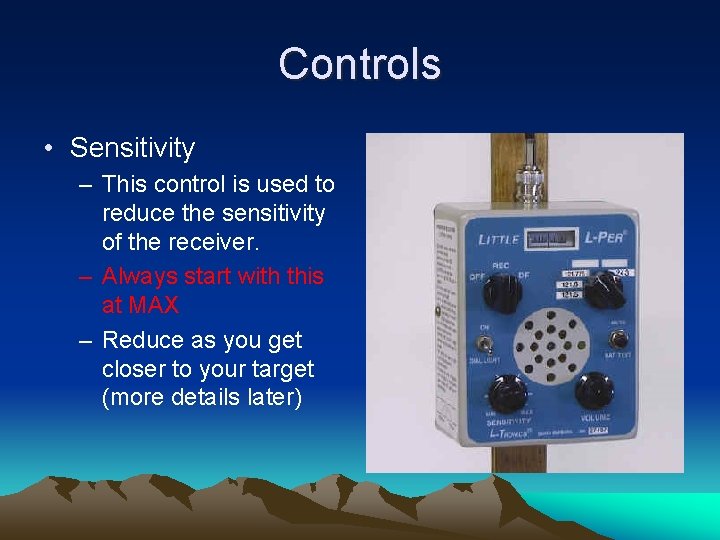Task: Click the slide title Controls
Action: [359, 64]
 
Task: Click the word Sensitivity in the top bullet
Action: [132, 149]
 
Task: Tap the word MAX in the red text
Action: [140, 304]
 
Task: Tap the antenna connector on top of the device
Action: [527, 184]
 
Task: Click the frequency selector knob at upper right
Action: [604, 291]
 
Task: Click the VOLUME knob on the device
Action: [596, 389]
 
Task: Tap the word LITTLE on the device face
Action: [497, 239]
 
